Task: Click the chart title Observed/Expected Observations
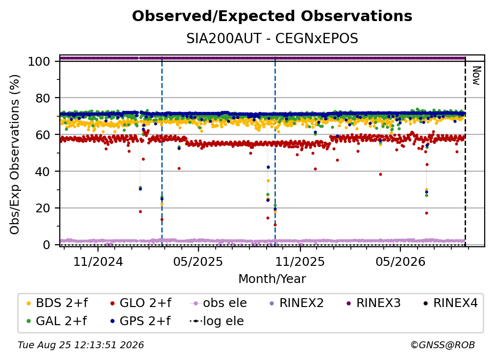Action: point(272,16)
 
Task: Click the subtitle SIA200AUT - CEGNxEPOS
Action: point(272,38)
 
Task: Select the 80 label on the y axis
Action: point(43,98)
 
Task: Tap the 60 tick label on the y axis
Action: point(43,135)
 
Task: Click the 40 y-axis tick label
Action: point(43,172)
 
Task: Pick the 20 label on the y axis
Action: point(43,208)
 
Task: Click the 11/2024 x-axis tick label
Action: point(98,261)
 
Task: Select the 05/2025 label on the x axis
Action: point(198,261)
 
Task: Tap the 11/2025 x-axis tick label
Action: point(300,261)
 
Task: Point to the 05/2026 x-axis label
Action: point(400,261)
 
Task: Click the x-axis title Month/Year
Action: point(272,279)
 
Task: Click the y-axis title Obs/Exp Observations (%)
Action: point(15,154)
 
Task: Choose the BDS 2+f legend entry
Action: point(57,303)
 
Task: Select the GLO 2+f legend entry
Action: point(141,303)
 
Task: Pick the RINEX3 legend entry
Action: point(373,303)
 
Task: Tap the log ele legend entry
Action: point(217,321)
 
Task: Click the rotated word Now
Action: point(477,76)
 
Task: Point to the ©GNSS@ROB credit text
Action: point(443,345)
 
